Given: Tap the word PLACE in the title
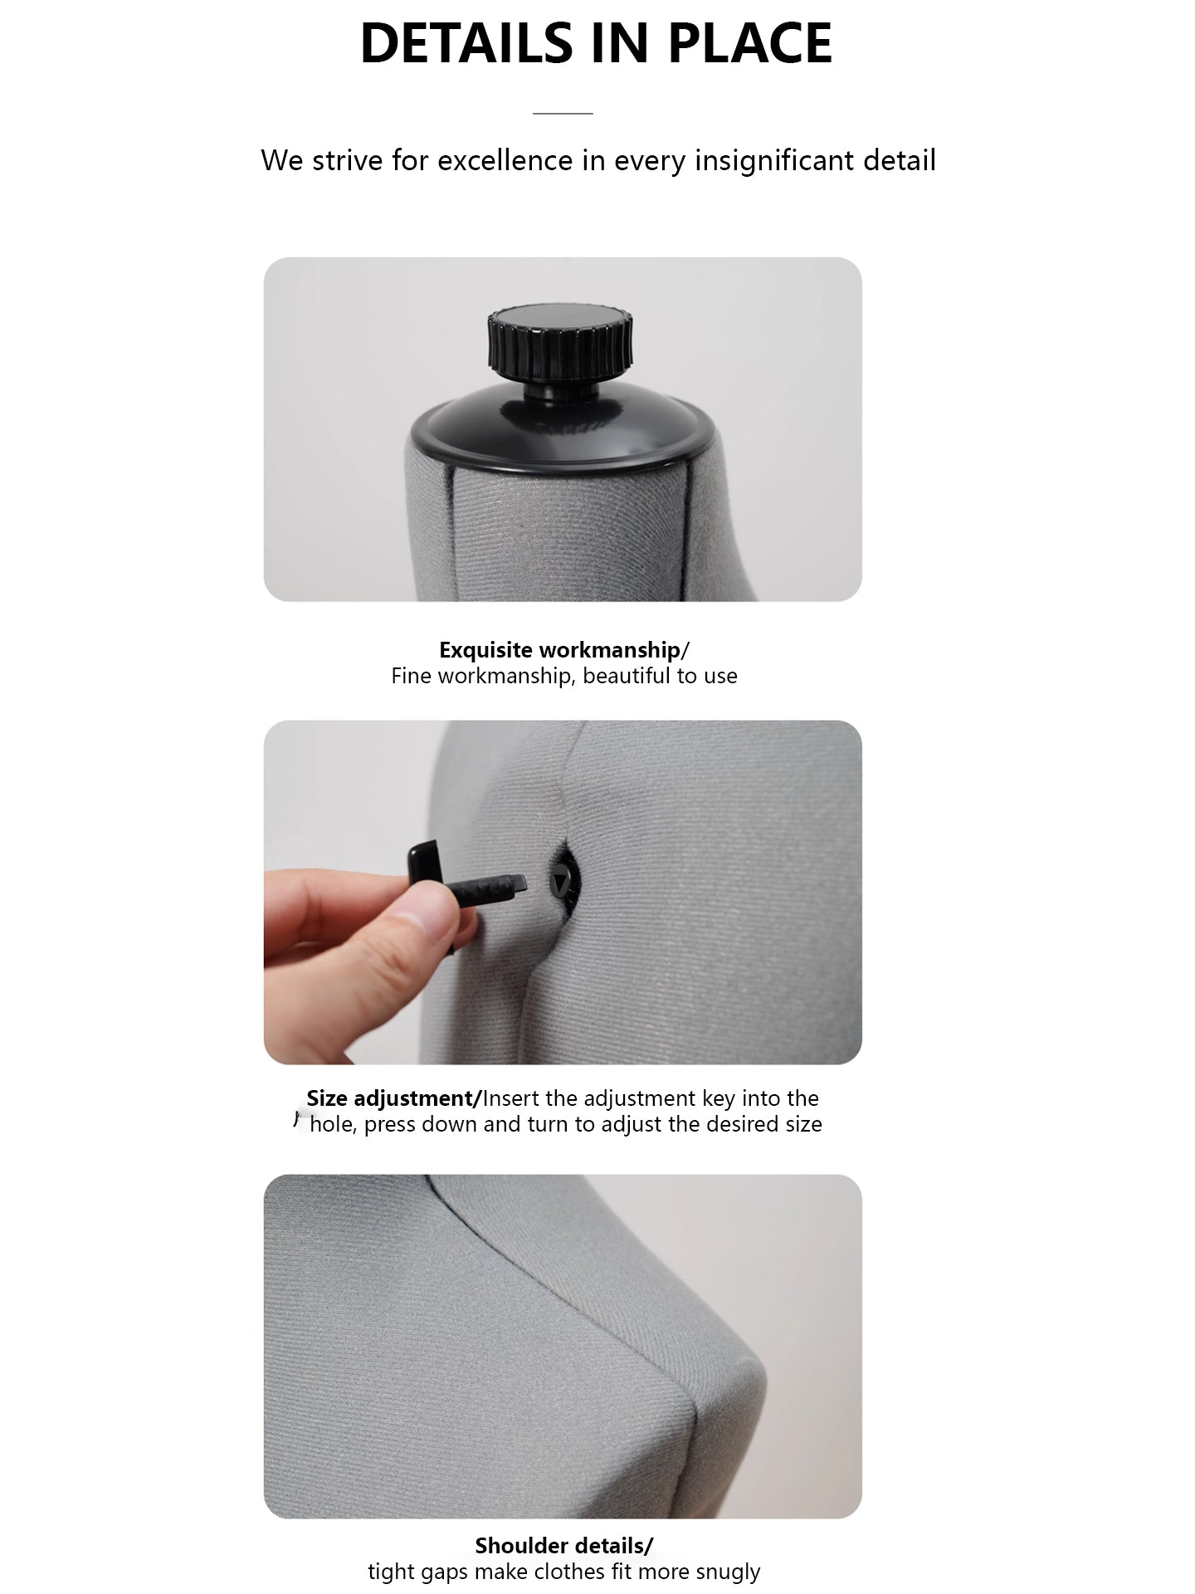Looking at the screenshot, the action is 749,43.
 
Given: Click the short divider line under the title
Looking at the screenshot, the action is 563,113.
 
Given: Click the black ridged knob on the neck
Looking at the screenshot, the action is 560,342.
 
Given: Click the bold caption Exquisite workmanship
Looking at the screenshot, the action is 559,650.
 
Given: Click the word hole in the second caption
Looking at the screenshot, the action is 332,1124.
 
